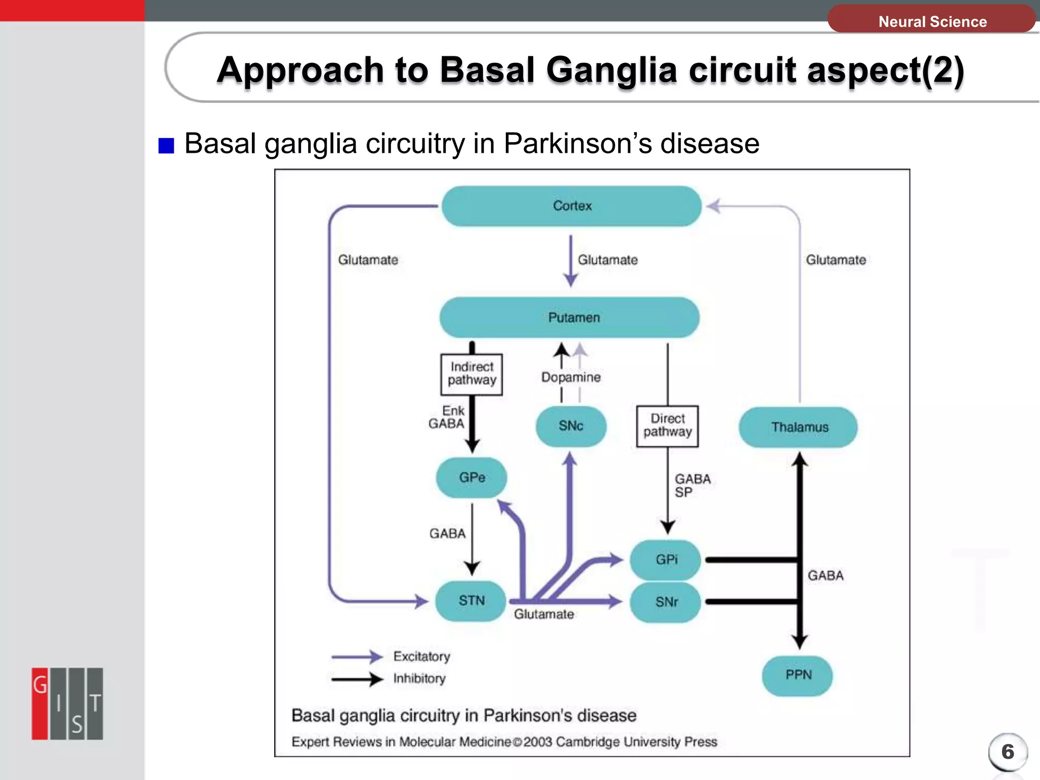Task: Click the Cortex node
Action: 572,206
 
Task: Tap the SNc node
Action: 571,426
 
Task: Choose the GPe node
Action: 472,477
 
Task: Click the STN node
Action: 471,601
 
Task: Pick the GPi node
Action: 666,560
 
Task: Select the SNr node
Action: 666,602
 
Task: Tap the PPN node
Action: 798,675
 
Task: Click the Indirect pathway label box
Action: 472,374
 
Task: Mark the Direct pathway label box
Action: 667,426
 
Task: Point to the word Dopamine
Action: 571,377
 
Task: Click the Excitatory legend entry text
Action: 421,657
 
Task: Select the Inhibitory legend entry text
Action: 419,678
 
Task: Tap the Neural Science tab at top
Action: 932,21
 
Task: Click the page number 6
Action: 1007,752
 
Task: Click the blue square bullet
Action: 166,145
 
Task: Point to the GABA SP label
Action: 692,485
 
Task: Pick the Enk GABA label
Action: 447,417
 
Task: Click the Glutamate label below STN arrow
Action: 544,614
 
